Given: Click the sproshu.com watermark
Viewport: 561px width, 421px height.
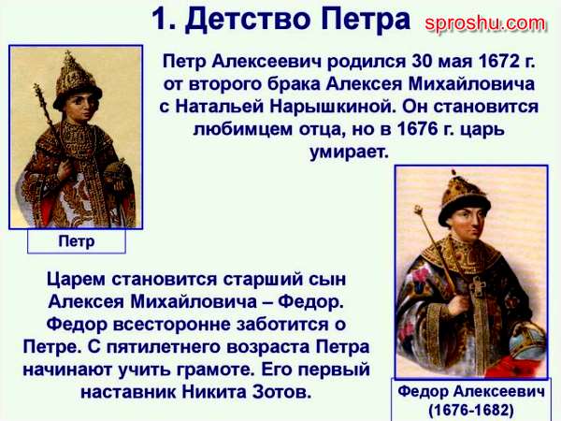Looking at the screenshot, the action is (485, 24).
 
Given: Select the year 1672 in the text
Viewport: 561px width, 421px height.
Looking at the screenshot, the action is (498, 61).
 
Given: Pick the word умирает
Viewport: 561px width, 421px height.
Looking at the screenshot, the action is (349, 152).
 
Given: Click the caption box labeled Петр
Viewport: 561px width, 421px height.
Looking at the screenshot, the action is (77, 241).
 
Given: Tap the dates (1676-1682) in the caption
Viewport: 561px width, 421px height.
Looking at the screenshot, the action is (471, 410).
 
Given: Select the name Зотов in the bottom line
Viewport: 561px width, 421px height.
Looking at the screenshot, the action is (282, 392).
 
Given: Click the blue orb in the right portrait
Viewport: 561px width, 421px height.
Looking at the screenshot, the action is (527, 341).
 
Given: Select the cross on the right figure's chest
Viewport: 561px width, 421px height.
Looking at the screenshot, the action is (479, 288).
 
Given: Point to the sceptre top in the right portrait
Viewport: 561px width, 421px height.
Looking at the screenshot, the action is (419, 212).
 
